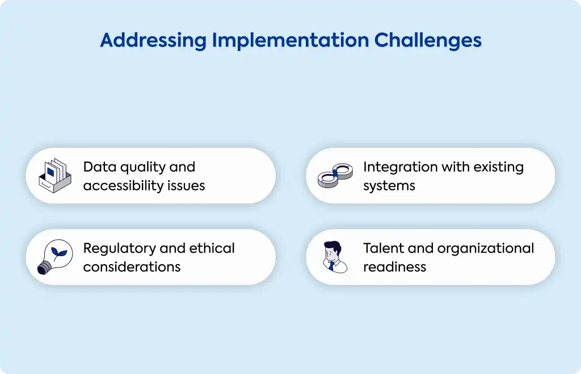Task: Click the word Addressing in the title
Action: (153, 41)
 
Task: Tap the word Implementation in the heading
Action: (290, 41)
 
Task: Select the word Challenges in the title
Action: (428, 41)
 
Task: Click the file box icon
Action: (55, 176)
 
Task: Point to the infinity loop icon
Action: (335, 175)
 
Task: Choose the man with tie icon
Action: (335, 257)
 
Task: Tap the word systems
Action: (389, 186)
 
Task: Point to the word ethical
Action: (212, 248)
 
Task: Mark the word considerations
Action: (132, 267)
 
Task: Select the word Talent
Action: (384, 248)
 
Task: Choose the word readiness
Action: (395, 267)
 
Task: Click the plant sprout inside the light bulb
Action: (59, 253)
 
